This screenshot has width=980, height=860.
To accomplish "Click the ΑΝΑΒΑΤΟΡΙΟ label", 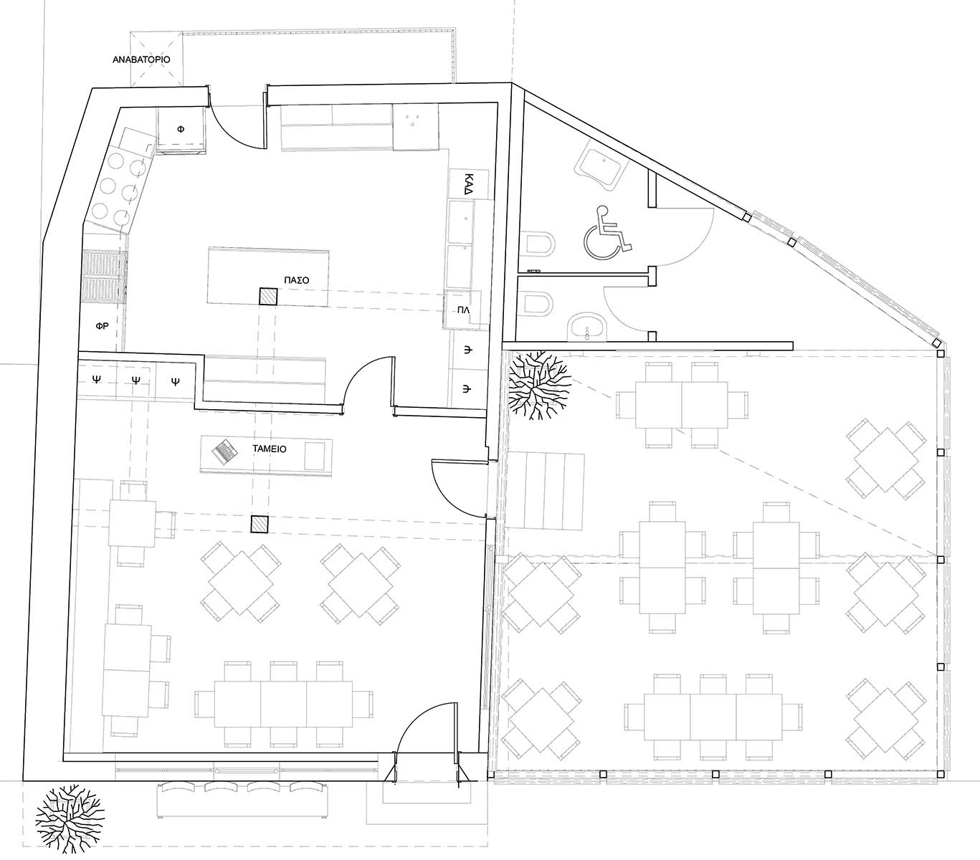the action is coord(141,60).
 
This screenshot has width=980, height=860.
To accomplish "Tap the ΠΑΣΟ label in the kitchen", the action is coord(297,280).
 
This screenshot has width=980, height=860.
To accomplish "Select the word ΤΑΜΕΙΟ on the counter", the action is coord(270,449).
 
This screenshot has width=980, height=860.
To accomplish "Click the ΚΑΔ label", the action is coord(468,183).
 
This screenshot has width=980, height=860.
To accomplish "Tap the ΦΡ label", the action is coord(102,326).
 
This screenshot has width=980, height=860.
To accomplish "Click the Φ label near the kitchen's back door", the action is coord(181,129).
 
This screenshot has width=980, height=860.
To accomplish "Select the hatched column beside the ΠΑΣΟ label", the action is coord(268,296).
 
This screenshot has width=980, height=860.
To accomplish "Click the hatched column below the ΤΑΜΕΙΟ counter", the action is coord(260,525).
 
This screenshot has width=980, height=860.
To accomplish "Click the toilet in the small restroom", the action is coord(538,302).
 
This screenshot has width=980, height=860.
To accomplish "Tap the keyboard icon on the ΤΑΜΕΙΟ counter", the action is coord(225,452).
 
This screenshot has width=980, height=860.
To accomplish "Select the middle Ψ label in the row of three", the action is coord(136,380).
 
